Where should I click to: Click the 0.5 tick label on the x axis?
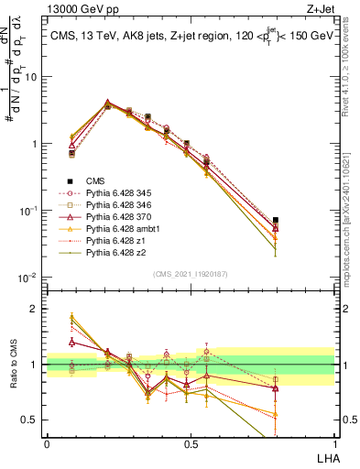coord(190,442)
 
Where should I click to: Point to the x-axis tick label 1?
coord(333,442)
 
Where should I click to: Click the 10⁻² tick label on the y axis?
coord(29,278)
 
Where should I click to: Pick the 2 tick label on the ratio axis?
coord(35,309)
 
